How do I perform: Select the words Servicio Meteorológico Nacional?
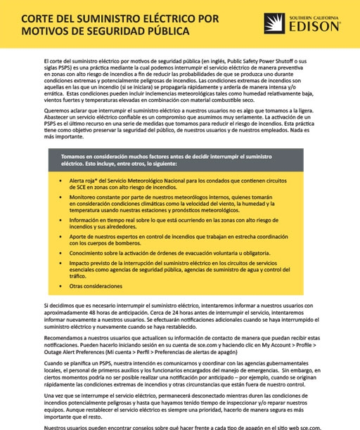click(144, 181)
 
